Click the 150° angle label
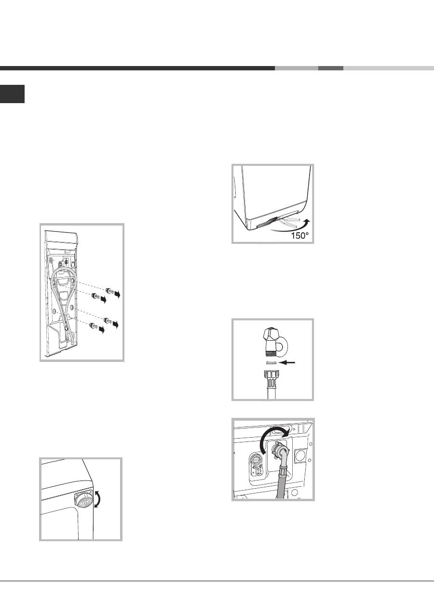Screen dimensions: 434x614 click(x=299, y=236)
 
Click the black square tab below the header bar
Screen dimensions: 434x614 click(x=12, y=94)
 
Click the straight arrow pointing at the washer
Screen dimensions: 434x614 click(x=287, y=362)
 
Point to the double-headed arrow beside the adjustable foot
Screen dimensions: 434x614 click(x=98, y=499)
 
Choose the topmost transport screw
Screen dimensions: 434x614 click(x=109, y=291)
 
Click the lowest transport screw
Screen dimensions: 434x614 click(x=94, y=326)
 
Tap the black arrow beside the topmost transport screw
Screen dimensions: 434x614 click(x=117, y=294)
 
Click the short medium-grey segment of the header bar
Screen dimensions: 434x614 click(x=331, y=68)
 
